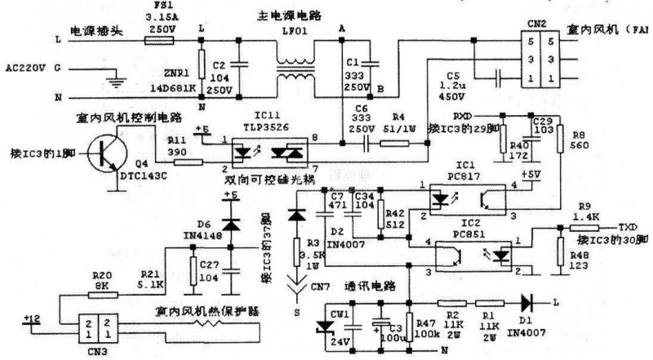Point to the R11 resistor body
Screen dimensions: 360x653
click(187, 162)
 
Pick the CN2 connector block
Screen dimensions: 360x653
click(536, 60)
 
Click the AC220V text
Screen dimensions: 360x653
click(24, 68)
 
